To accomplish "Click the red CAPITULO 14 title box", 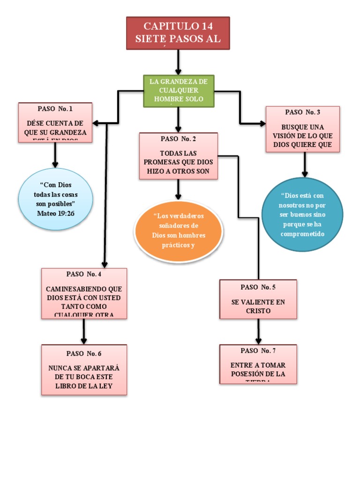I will click(178, 33).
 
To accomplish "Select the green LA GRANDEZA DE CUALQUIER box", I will click(179, 90).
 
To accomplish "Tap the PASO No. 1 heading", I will click(55, 109).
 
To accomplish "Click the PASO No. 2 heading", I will click(178, 139).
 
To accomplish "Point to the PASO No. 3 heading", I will click(302, 112).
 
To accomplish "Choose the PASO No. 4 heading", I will click(84, 274).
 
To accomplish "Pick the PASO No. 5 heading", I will click(258, 287).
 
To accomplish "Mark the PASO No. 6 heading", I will click(84, 353).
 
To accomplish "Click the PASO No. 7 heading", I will click(258, 351).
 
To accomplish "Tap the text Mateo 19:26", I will click(55, 213).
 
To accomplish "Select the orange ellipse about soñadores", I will click(179, 231).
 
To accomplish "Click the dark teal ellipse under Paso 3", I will click(302, 214).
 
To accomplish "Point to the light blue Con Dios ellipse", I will click(55, 199).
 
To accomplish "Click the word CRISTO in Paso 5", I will click(258, 311).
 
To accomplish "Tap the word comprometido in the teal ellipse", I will click(302, 233).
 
